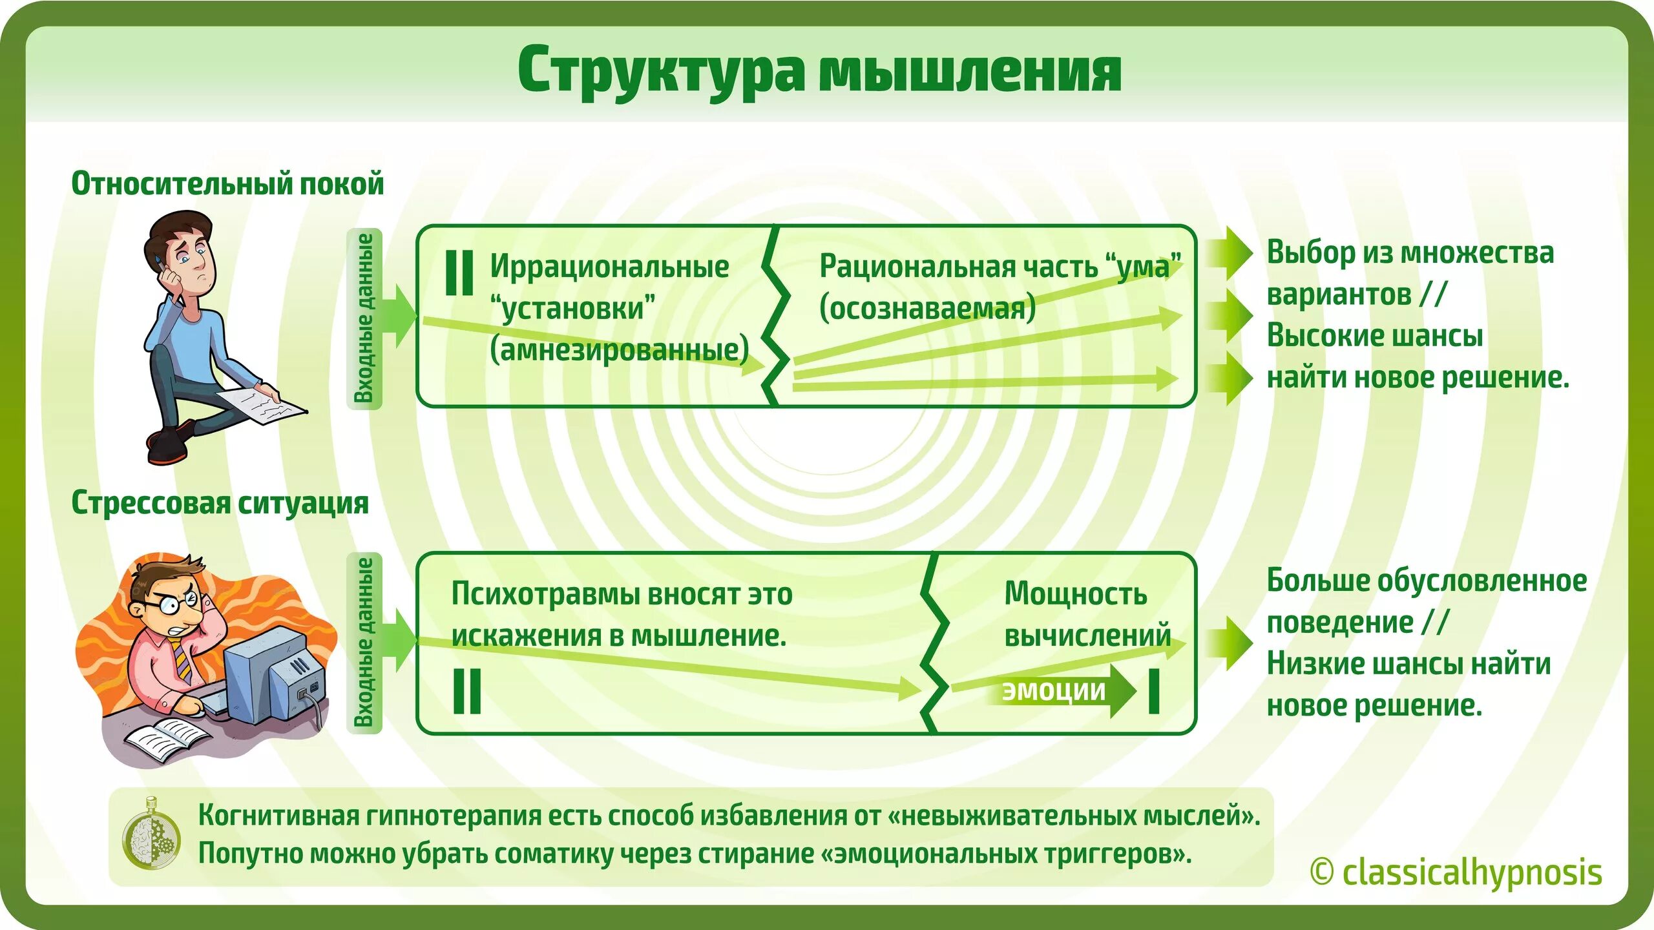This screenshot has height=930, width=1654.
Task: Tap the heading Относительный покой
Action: pos(227,183)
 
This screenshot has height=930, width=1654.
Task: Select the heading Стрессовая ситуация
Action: pos(220,502)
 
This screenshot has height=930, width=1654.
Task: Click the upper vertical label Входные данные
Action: pos(365,318)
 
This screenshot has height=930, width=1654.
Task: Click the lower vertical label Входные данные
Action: pos(365,643)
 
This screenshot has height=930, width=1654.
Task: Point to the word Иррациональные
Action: pos(609,266)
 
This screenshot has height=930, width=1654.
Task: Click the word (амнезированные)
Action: pos(619,350)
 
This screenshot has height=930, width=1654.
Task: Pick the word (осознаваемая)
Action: pos(927,308)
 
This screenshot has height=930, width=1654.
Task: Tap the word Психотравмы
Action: pos(544,594)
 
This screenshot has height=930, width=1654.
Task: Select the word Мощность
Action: pos(1076,594)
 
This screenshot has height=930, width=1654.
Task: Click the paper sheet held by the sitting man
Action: pos(262,406)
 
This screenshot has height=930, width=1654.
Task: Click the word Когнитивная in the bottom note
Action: pos(278,815)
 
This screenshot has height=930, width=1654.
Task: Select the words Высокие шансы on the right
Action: pos(1374,336)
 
